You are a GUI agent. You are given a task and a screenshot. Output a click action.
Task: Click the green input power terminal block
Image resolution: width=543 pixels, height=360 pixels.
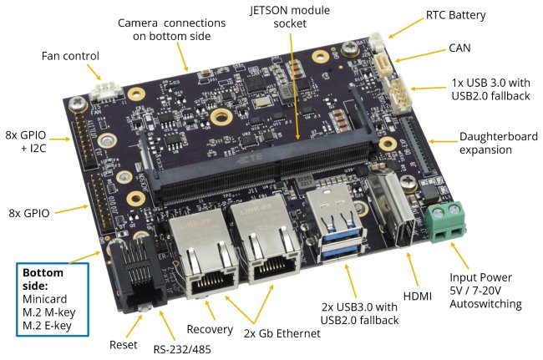446,222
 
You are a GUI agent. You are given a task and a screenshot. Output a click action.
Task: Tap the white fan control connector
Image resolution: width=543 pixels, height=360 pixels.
107,91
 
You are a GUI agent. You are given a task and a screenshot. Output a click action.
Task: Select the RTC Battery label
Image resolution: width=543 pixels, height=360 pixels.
455,16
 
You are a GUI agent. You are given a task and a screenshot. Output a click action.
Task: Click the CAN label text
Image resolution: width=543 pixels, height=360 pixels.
459,48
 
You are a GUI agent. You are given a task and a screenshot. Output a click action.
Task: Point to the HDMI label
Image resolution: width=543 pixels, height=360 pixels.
418,296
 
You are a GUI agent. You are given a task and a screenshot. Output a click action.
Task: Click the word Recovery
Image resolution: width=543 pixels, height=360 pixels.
210,329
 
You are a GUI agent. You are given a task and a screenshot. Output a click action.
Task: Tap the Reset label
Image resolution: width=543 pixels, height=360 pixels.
124,345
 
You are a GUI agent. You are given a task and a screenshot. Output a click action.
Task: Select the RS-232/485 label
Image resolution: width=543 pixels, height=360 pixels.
182,349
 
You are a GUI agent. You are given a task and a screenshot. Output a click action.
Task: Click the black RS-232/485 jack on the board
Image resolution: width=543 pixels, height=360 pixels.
137,273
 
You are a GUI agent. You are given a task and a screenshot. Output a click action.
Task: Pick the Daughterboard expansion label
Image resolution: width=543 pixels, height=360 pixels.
499,143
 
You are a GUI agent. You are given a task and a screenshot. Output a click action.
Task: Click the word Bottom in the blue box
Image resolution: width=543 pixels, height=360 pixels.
43,273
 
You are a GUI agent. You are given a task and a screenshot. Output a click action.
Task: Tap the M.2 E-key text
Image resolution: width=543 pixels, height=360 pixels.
47,326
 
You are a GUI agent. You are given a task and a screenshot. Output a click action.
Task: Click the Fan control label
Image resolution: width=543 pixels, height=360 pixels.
70,56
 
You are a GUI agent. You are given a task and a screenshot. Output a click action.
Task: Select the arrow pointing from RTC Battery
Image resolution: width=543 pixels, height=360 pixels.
405,28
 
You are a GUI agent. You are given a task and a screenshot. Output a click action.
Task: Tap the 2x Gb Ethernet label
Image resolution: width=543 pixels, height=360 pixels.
282,333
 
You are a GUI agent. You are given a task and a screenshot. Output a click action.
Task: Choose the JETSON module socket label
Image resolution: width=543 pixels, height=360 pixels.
290,17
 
